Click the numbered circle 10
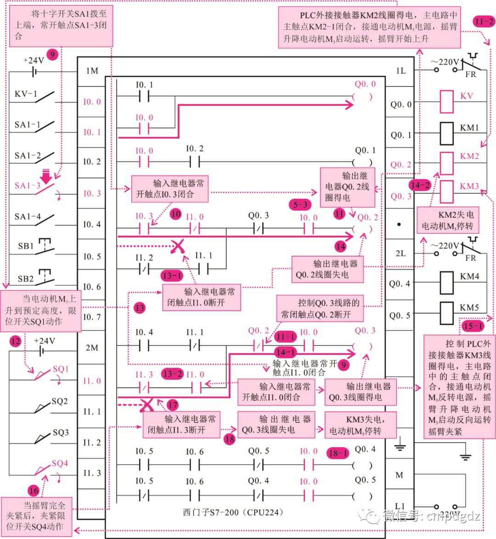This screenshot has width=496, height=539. pyautogui.click(x=175, y=214)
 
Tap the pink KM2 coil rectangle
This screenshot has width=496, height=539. pyautogui.click(x=446, y=163)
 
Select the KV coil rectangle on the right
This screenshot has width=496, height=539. pyautogui.click(x=446, y=102)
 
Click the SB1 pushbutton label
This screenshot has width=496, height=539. pyautogui.click(x=26, y=246)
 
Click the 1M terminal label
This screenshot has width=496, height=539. pyautogui.click(x=92, y=71)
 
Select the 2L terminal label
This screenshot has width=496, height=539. pyautogui.click(x=400, y=253)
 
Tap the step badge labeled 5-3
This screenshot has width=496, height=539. pyautogui.click(x=300, y=205)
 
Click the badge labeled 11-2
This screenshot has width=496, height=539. pyautogui.click(x=484, y=21)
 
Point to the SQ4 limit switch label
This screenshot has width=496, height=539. pyautogui.click(x=60, y=463)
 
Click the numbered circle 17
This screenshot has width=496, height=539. pyautogui.click(x=173, y=404)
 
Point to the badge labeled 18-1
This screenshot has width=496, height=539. pyautogui.click(x=338, y=453)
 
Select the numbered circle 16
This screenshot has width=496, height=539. pyautogui.click(x=34, y=491)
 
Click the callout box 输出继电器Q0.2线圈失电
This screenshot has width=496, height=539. pyautogui.click(x=327, y=269)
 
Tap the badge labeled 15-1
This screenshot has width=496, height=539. pyautogui.click(x=473, y=326)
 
